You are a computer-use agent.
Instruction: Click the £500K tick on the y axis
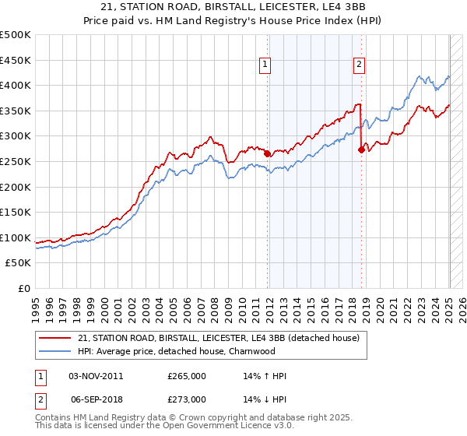16,35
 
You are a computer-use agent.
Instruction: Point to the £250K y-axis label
16,161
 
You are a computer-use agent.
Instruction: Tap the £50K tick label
19,263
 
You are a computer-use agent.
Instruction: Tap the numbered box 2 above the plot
360,65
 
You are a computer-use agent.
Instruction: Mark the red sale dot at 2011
268,154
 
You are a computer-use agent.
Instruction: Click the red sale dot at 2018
361,150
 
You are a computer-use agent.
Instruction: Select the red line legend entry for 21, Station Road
218,338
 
